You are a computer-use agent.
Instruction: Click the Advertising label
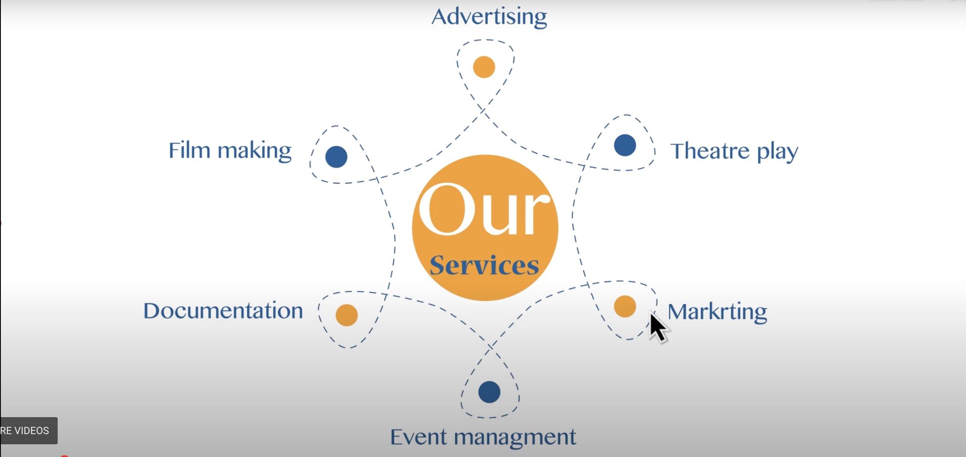[489, 17]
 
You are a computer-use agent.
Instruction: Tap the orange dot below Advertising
[484, 67]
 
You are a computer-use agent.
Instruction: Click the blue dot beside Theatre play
[625, 145]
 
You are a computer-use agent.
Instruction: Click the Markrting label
[717, 312]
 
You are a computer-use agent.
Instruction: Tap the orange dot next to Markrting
[625, 306]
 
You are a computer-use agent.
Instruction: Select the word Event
[418, 437]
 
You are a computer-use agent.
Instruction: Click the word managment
[515, 437]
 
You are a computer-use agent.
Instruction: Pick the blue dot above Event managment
[489, 392]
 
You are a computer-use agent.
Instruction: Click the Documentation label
[223, 311]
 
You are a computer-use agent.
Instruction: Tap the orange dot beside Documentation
[346, 315]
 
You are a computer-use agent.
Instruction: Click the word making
[254, 151]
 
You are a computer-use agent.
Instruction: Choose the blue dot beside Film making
[336, 156]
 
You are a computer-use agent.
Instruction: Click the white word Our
[484, 209]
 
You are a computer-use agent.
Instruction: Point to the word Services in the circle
[484, 265]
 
